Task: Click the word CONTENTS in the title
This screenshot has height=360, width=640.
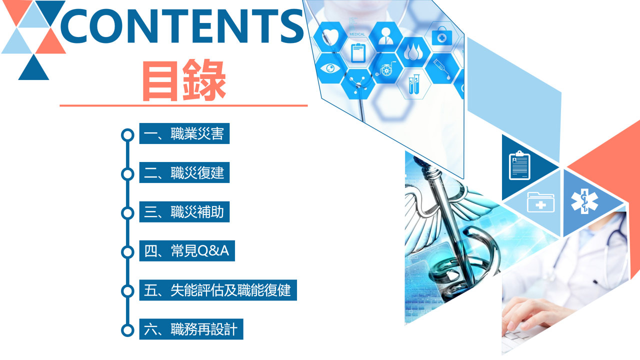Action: [181, 25]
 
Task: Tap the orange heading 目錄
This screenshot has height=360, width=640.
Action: [184, 80]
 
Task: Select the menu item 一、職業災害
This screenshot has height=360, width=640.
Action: [184, 133]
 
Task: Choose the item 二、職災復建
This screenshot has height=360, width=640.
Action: [184, 172]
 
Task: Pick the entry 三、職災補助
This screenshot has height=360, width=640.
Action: [184, 211]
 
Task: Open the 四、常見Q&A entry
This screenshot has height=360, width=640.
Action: [187, 251]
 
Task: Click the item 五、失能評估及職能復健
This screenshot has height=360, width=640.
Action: [218, 290]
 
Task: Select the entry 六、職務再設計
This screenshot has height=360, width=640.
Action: [191, 329]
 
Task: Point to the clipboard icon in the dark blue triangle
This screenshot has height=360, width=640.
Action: [519, 165]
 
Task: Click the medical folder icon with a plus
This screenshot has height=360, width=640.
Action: [540, 202]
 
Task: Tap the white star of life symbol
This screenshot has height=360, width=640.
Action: [584, 201]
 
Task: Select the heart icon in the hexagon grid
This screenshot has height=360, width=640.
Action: [330, 36]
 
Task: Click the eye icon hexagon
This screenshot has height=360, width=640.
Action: [330, 68]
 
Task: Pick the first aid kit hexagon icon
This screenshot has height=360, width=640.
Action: [441, 36]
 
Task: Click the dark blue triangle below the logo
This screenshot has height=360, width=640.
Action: [33, 67]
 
